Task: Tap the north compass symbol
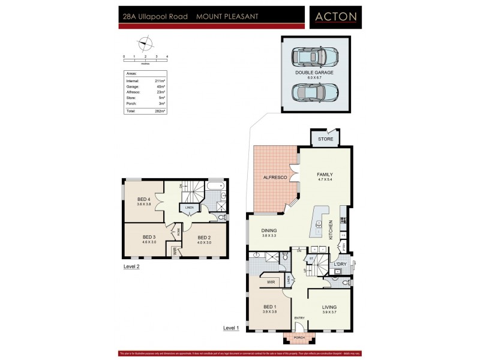pos(145,43)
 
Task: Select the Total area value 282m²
pos(160,111)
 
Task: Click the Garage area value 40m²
pos(160,86)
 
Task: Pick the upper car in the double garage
pos(314,57)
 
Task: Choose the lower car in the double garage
pos(314,92)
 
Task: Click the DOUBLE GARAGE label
pos(314,73)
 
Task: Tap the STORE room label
pos(325,139)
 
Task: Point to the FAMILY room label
pos(325,175)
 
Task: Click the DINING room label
pos(268,230)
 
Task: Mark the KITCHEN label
pos(331,230)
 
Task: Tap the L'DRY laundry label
pos(340,265)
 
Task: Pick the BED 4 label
pos(143,199)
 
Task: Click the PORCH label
pos(299,338)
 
